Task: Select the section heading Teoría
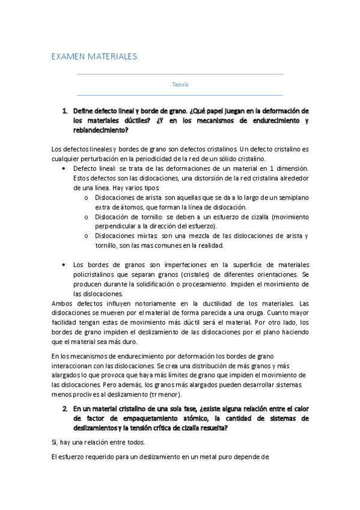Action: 180,85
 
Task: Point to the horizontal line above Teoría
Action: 180,75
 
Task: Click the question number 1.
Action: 64,111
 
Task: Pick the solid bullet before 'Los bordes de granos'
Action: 64,265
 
